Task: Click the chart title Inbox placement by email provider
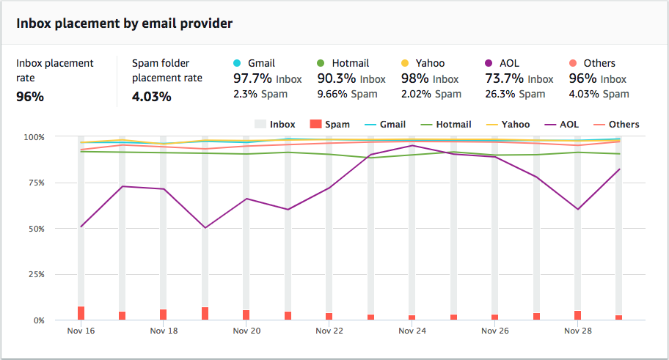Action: [x=124, y=23]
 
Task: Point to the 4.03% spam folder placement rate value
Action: [x=152, y=96]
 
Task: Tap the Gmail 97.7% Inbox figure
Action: [x=266, y=78]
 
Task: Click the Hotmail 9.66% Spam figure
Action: [x=347, y=94]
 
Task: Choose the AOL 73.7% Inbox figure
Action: [x=519, y=78]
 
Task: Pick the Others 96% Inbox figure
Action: [x=598, y=78]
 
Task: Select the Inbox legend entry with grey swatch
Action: [x=274, y=125]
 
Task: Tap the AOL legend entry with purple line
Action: [x=560, y=125]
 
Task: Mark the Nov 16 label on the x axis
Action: [x=81, y=331]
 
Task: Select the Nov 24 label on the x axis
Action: [x=412, y=331]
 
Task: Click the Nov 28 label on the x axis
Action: [x=578, y=331]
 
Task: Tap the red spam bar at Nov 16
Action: [x=81, y=313]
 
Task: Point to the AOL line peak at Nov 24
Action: [x=412, y=146]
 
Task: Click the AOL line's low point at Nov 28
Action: [x=578, y=209]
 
